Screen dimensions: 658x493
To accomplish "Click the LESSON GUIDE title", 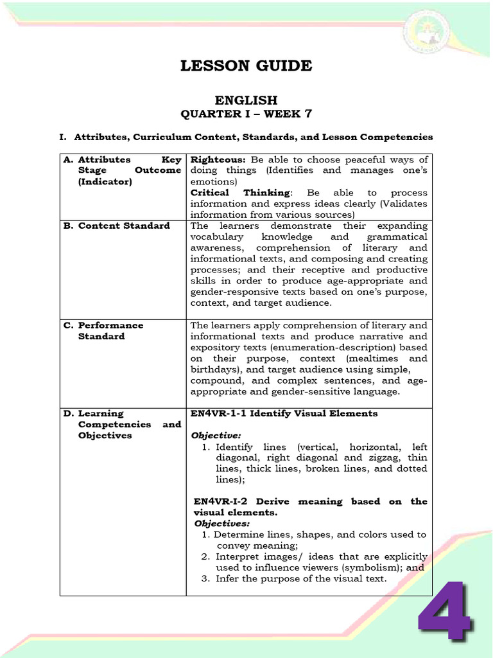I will [246, 66].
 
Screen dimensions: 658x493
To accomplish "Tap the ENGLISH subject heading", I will [246, 100].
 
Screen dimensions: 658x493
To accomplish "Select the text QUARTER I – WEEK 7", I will [246, 114].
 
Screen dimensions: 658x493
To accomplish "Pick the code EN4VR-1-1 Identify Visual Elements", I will [284, 413].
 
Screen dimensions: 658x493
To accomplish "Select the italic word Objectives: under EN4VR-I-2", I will [221, 524].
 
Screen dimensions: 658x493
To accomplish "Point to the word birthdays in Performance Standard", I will [213, 369].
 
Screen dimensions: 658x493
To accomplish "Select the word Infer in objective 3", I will [227, 578].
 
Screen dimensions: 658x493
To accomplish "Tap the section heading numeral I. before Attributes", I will [63, 137].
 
